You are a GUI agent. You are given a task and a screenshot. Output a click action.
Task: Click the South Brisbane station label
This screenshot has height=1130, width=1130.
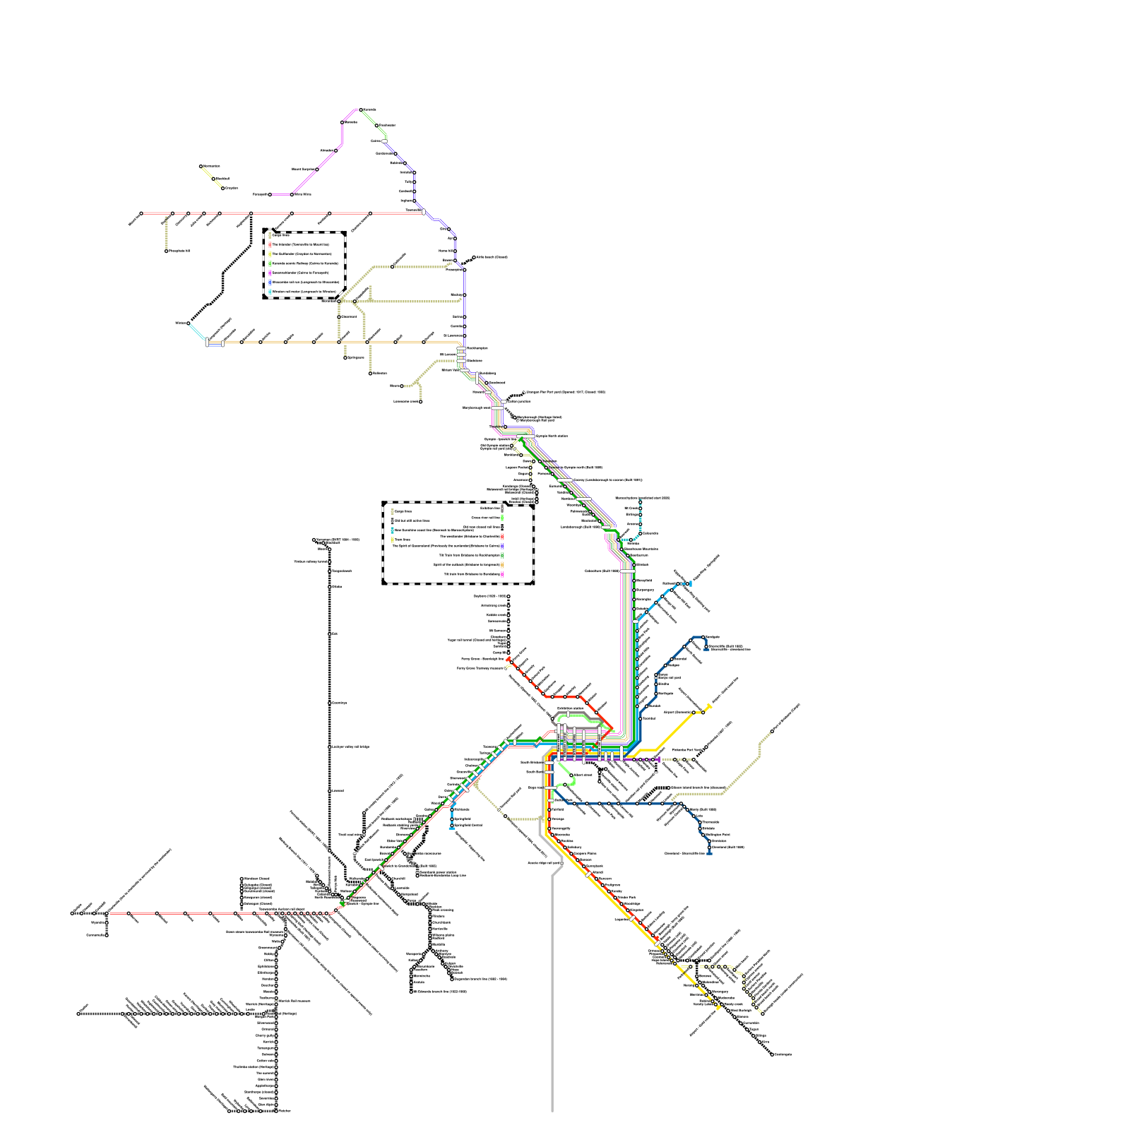pos(532,763)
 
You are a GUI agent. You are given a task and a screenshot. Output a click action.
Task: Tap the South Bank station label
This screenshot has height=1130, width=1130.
pos(535,772)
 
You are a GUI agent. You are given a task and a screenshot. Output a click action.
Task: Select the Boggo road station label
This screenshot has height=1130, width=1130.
pos(535,787)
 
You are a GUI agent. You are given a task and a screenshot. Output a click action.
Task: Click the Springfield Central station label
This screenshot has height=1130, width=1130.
pos(468,825)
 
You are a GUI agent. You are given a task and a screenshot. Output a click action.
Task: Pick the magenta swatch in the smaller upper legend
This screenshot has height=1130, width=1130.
pos(270,273)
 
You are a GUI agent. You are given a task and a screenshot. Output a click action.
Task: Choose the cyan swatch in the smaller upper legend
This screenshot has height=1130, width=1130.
pos(270,292)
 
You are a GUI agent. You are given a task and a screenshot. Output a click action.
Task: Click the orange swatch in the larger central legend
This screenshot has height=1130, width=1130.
pos(501,564)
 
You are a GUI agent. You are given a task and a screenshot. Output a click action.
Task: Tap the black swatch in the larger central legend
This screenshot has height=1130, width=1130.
pos(501,527)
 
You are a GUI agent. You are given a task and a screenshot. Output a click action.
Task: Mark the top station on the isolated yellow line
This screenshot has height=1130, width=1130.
pos(201,167)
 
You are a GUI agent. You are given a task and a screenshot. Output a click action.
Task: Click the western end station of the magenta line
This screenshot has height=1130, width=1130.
pos(270,194)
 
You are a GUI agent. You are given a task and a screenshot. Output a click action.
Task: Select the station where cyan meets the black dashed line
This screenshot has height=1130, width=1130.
pos(189,323)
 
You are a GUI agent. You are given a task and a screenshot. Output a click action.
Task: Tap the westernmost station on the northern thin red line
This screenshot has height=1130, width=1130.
pos(141,213)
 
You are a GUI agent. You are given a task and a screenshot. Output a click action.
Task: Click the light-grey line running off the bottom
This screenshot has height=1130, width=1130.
pos(552,1102)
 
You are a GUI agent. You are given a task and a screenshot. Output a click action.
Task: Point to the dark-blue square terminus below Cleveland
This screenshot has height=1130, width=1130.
pos(710,853)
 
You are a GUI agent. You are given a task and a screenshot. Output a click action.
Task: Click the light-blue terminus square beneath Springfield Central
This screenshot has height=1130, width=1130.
pos(451,828)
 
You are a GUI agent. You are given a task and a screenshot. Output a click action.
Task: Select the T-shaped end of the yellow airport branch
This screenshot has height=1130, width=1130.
pos(709,706)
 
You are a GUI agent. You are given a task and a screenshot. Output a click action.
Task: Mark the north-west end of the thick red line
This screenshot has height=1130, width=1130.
pos(508,659)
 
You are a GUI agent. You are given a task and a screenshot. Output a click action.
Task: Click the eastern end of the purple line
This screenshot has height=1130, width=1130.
pos(658,760)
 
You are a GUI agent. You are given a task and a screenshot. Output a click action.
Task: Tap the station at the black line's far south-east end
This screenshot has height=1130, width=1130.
pos(772,1054)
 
